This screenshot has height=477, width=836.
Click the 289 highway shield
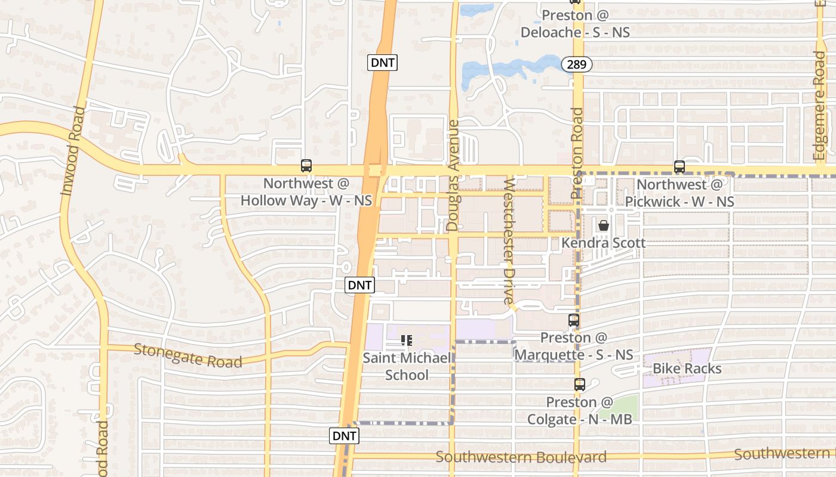tap(576, 64)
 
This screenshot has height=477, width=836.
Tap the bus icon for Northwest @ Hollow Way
tap(306, 166)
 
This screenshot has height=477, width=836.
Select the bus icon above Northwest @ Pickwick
tap(679, 167)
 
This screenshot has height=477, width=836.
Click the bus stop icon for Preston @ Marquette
tap(574, 321)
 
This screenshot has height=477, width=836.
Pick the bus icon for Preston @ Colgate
tap(579, 385)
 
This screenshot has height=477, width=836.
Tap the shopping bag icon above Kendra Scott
tap(604, 226)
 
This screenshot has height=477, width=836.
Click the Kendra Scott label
tap(603, 243)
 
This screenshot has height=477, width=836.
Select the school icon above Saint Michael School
tap(407, 340)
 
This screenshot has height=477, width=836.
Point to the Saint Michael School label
tap(407, 367)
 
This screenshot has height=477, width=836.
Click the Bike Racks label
tap(687, 368)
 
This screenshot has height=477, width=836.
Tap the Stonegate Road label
tap(188, 356)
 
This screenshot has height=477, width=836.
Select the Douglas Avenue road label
tap(453, 175)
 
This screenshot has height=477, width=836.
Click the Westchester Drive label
tap(509, 241)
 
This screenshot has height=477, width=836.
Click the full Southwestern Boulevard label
tap(521, 457)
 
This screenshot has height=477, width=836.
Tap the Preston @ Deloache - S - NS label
tap(575, 24)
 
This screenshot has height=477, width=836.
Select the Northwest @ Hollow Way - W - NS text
tap(306, 192)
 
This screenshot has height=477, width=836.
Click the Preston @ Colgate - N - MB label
tap(579, 411)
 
